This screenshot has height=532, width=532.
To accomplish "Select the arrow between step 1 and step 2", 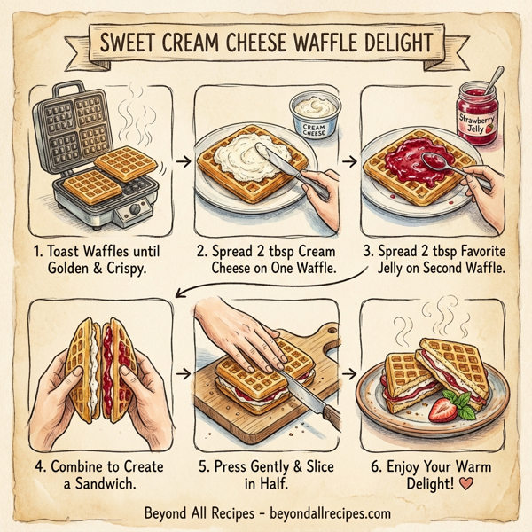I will (181, 161).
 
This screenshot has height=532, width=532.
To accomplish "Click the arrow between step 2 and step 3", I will (348, 161).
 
